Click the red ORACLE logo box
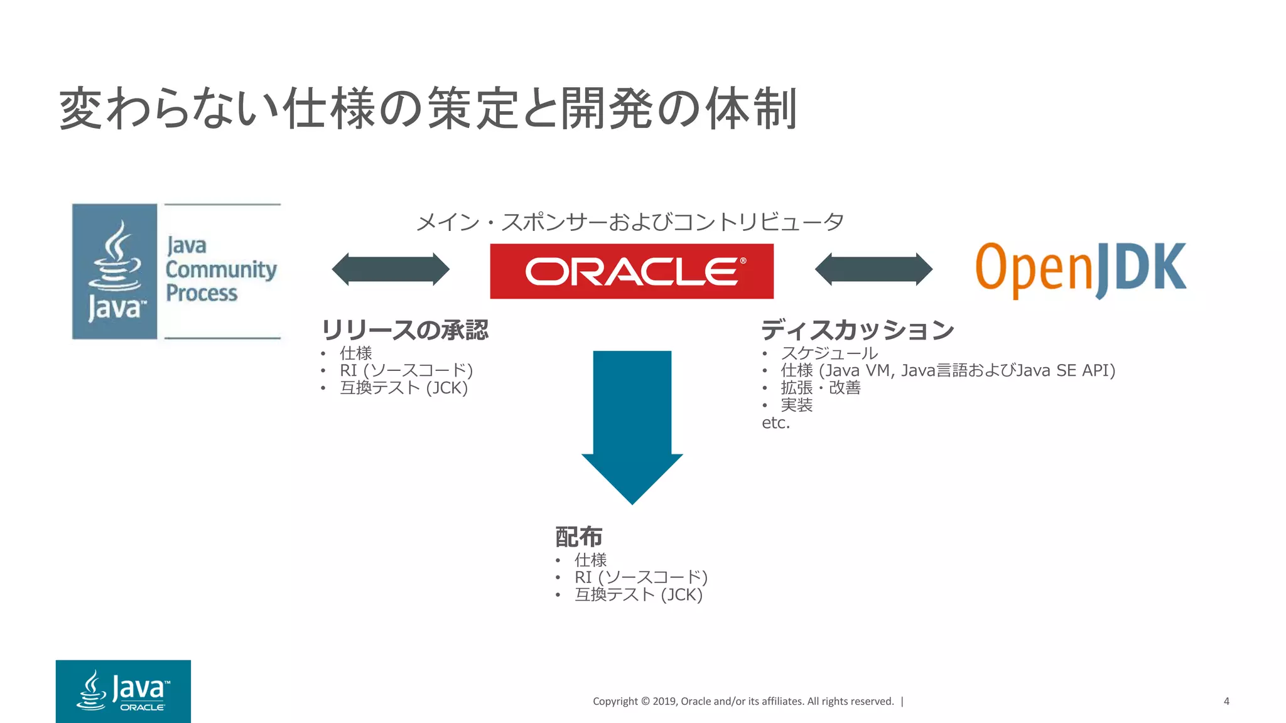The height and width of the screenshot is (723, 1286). [x=632, y=271]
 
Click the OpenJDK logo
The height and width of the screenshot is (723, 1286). [x=1080, y=270]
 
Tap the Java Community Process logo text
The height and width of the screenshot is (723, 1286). [x=220, y=270]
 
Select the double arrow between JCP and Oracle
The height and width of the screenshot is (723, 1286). [x=391, y=269]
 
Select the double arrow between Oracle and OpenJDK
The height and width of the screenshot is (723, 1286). [x=873, y=269]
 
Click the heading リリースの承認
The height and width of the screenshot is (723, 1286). [x=405, y=330]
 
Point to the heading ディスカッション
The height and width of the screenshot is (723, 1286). [x=858, y=330]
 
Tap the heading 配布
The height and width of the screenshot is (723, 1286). [x=579, y=537]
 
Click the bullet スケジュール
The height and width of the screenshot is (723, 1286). [x=829, y=353]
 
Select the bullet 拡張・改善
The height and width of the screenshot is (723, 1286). [x=820, y=388]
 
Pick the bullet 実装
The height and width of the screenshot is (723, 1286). [x=796, y=405]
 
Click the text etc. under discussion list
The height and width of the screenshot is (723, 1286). [x=775, y=423]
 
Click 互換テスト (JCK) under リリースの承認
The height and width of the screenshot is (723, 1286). [x=404, y=388]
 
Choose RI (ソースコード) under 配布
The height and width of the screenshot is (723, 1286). [x=640, y=577]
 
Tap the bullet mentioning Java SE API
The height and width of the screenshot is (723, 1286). [x=948, y=371]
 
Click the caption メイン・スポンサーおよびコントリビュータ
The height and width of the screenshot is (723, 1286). [x=630, y=222]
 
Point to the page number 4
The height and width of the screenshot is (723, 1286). [x=1226, y=701]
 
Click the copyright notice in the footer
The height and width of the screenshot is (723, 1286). [x=743, y=701]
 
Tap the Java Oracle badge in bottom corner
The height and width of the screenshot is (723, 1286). [x=123, y=691]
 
